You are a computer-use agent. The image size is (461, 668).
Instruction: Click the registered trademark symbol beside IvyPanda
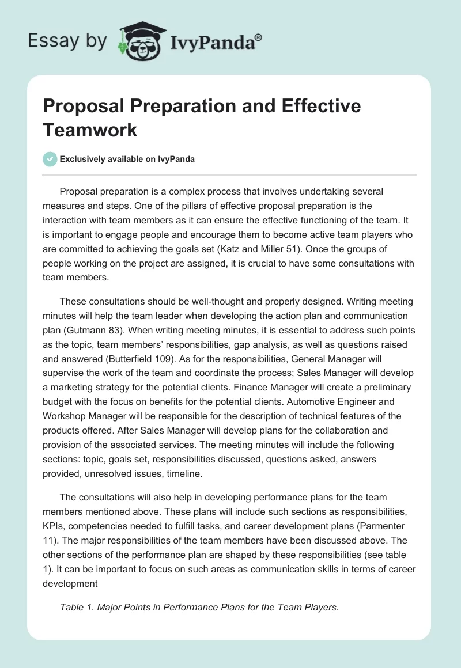pyautogui.click(x=258, y=37)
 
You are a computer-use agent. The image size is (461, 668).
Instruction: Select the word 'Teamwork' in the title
pyautogui.click(x=90, y=130)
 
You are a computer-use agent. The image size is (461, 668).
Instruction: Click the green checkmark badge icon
pyautogui.click(x=50, y=159)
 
